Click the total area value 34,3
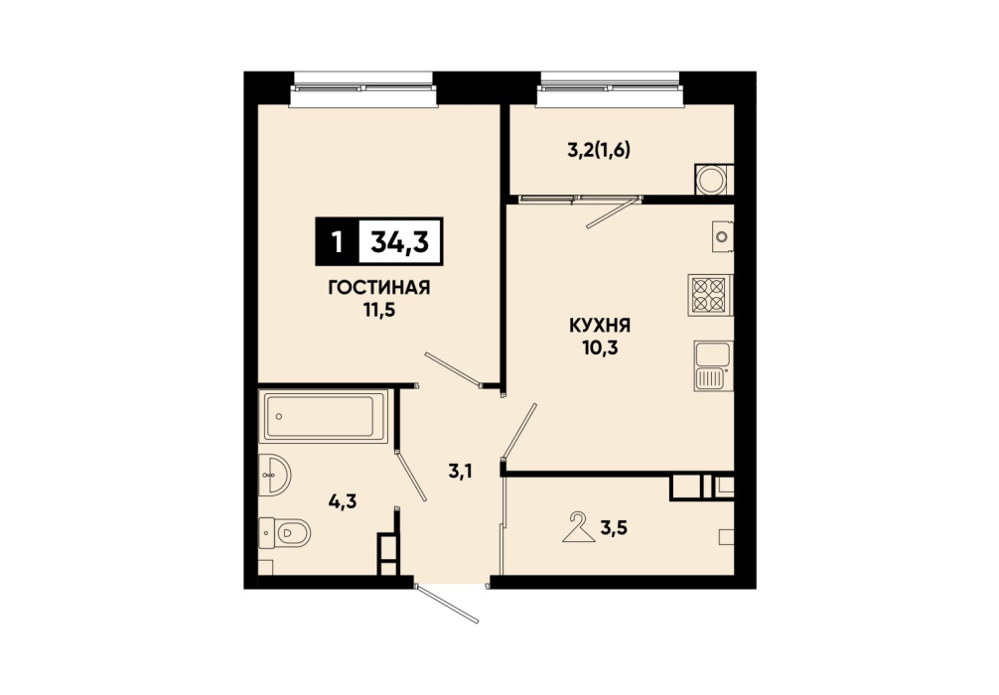400,242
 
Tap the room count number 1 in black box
337,242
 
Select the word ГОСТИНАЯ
379,288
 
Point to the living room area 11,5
379,311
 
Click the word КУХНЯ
600,327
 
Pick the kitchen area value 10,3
600,348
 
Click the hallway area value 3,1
464,472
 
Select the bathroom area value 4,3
343,502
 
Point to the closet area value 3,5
613,528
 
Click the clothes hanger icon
579,527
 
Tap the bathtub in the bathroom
323,417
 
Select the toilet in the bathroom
284,532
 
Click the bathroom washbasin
274,475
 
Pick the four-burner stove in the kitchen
710,295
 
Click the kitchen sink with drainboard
713,366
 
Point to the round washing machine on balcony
713,180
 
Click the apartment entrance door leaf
447,604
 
